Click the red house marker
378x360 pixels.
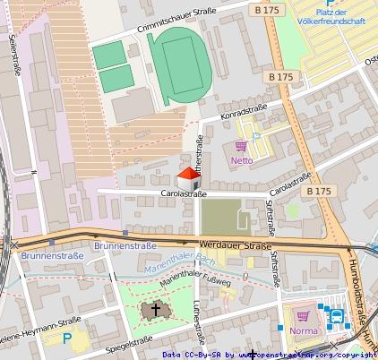[186, 177]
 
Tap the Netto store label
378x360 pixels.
[242, 161]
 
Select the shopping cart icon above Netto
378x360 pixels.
[241, 146]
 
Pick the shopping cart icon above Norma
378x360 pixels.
[303, 313]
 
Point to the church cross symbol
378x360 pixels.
[156, 309]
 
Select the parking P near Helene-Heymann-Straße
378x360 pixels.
[67, 339]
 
